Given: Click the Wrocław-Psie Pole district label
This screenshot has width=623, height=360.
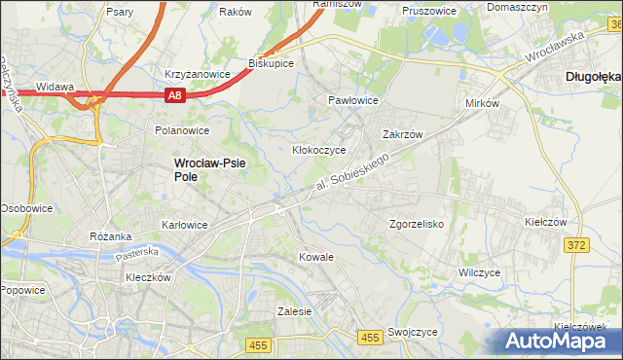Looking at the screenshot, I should tap(209, 170).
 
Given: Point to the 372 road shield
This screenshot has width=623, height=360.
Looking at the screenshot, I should tap(575, 245).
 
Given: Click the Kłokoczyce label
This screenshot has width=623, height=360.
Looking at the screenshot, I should tap(320, 151).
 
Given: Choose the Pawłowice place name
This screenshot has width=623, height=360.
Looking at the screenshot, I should tap(352, 100).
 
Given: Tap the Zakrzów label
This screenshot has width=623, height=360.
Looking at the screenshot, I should tap(401, 135).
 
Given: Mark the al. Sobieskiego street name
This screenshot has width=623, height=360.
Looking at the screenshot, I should tap(357, 173).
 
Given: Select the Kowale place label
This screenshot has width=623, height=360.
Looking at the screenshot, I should tap(315, 257).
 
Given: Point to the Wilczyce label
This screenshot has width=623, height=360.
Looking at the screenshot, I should tap(480, 273).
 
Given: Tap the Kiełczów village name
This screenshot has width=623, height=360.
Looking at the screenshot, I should tap(545, 222).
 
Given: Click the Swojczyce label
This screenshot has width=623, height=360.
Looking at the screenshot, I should tap(412, 332).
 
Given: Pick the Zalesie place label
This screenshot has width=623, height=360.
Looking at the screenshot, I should tap(294, 312).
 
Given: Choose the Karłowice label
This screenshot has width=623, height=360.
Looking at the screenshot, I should tap(184, 225).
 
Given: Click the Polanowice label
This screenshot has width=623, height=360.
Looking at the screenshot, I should tap(182, 129).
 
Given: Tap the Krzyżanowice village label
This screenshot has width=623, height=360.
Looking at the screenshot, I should tap(197, 73).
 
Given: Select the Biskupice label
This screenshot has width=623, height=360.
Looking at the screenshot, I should tap(272, 62).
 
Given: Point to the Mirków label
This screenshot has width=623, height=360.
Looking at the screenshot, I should tap(483, 102).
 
